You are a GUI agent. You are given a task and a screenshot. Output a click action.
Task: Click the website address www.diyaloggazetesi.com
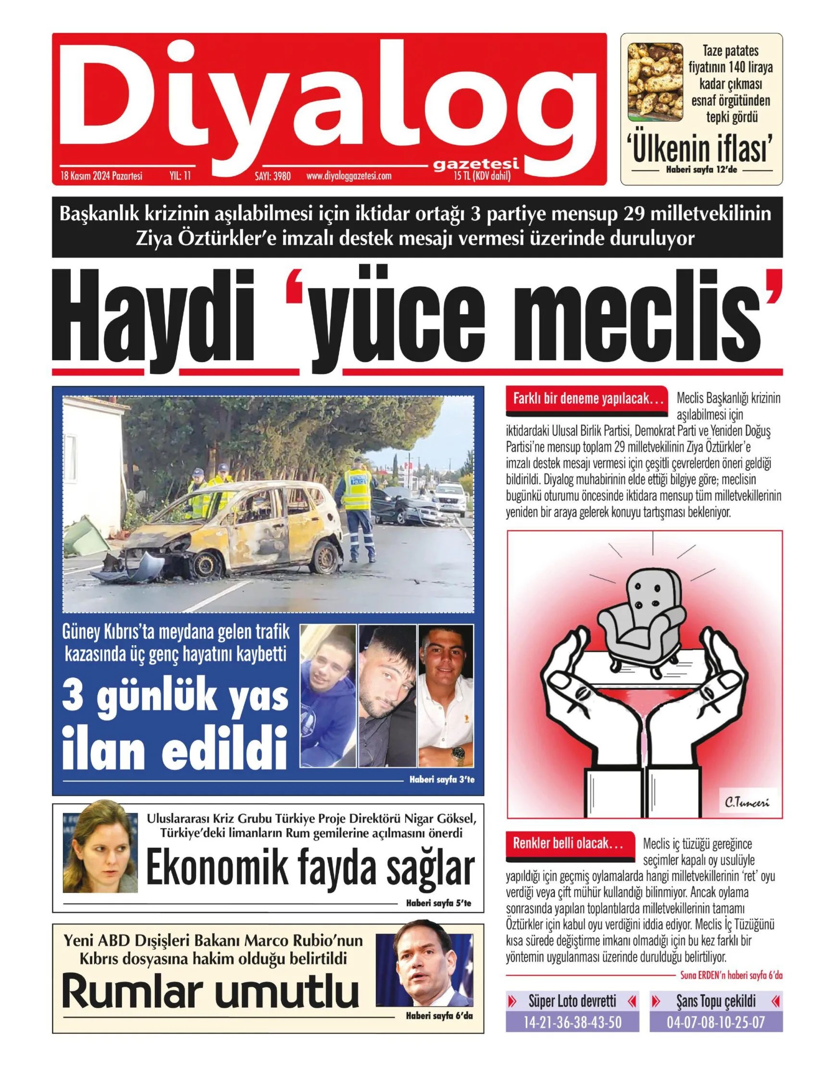pos(349,176)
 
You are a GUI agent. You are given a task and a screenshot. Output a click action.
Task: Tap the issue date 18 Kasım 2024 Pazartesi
pos(101,176)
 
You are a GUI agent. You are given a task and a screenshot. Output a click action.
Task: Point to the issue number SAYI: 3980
pos(269,176)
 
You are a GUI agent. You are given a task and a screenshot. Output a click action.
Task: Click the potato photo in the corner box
pos(655,82)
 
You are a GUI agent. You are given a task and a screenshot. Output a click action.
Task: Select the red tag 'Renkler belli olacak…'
pos(567,844)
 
